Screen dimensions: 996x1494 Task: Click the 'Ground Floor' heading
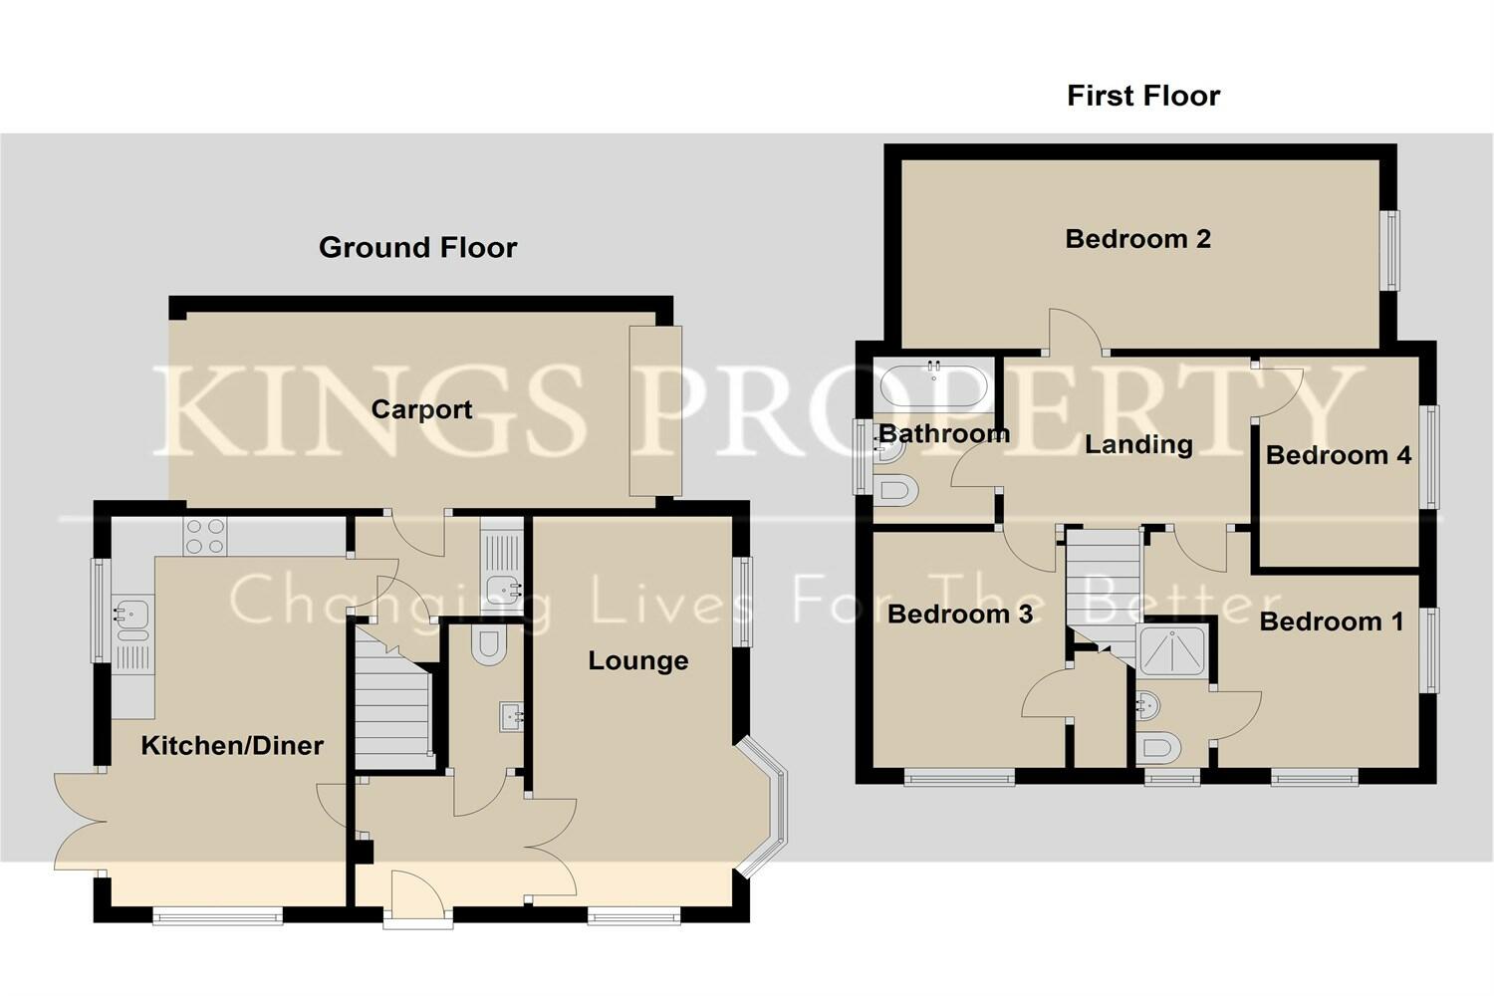(417, 247)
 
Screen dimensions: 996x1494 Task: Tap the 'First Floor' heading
(1142, 96)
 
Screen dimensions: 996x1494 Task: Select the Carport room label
(421, 409)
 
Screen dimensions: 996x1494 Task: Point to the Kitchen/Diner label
(232, 745)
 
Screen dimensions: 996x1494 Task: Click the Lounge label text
(637, 660)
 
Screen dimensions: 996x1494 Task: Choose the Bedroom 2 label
(1137, 239)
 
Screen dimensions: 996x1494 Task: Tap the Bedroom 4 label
(1338, 455)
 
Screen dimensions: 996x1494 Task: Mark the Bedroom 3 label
(959, 614)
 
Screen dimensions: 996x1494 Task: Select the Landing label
(1138, 444)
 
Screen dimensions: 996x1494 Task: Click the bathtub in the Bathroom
(934, 386)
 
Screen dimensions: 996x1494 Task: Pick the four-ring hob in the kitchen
(204, 537)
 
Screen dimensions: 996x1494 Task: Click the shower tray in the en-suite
(1171, 651)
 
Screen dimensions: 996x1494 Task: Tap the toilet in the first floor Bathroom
(898, 490)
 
